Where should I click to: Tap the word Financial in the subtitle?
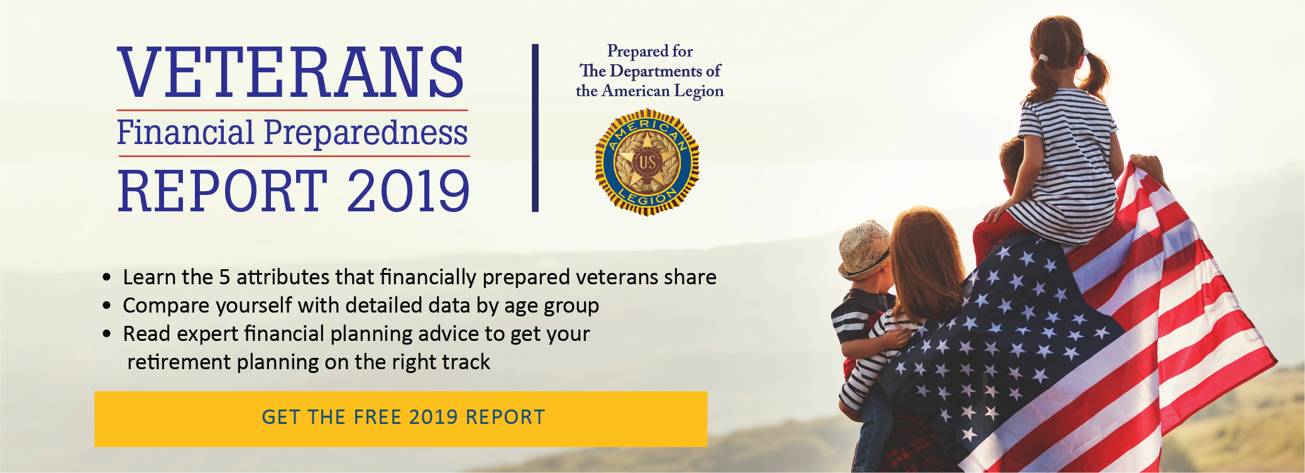click(x=185, y=133)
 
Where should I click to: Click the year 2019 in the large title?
click(x=408, y=191)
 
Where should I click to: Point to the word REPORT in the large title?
click(x=223, y=191)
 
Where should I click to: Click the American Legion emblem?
click(x=647, y=162)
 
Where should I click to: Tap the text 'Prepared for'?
click(x=650, y=51)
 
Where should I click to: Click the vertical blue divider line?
click(x=535, y=128)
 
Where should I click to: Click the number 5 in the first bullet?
click(x=224, y=277)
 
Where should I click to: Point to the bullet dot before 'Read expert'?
click(x=107, y=334)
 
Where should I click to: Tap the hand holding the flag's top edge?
click(x=1148, y=167)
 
